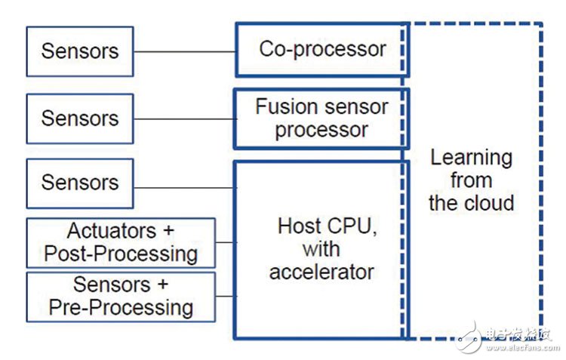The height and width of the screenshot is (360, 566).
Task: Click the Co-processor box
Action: point(322,50)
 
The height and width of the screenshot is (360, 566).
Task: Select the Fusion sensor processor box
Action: point(321,118)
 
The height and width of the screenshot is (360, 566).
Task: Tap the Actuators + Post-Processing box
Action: point(121,242)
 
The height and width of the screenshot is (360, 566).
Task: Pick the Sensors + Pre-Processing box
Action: point(121,296)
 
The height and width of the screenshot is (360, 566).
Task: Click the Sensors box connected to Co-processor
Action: point(79,51)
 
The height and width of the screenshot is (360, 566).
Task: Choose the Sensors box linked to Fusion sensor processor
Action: point(79,118)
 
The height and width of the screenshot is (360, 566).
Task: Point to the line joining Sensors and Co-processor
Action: point(184,52)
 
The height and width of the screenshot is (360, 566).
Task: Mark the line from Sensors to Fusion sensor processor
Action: point(184,118)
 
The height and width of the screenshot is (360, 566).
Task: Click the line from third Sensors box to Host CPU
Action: point(184,187)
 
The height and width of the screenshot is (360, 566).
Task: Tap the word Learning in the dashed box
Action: point(471,158)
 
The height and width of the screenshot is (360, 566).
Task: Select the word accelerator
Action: point(321,271)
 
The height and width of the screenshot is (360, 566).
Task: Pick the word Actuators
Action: point(112,231)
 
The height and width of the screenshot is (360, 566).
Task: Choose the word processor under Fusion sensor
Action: point(321,130)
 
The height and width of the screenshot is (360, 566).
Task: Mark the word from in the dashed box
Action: point(471,180)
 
